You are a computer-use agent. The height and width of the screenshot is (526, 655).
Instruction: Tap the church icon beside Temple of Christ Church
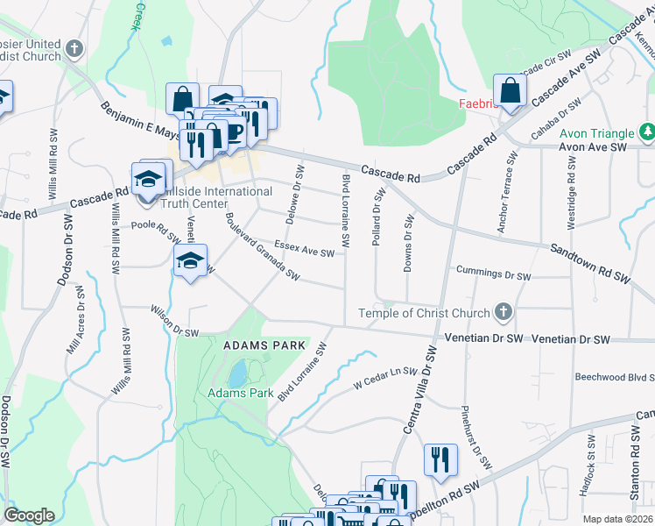pos(503,311)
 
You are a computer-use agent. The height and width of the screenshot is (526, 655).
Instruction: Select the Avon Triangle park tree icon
pos(647,133)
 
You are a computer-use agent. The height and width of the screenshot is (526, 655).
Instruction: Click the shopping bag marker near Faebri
pos(509,91)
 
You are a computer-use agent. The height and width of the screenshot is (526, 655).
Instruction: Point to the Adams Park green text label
pos(240,393)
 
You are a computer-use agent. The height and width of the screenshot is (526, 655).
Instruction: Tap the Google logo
pos(29,515)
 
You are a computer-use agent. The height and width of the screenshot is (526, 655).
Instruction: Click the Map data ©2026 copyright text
pos(618,519)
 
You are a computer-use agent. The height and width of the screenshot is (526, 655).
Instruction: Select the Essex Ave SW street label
pos(305,249)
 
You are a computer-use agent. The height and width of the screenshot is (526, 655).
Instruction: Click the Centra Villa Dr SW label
pos(419,389)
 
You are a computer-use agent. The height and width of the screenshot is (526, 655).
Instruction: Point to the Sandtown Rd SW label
pos(590,262)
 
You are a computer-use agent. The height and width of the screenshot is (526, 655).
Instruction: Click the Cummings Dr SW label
pos(494,274)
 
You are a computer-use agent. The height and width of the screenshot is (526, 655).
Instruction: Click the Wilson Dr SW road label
pos(175,321)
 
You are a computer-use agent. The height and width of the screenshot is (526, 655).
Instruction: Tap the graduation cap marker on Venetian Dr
pos(190,260)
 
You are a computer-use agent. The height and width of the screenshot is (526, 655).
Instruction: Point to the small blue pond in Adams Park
pos(236,374)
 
